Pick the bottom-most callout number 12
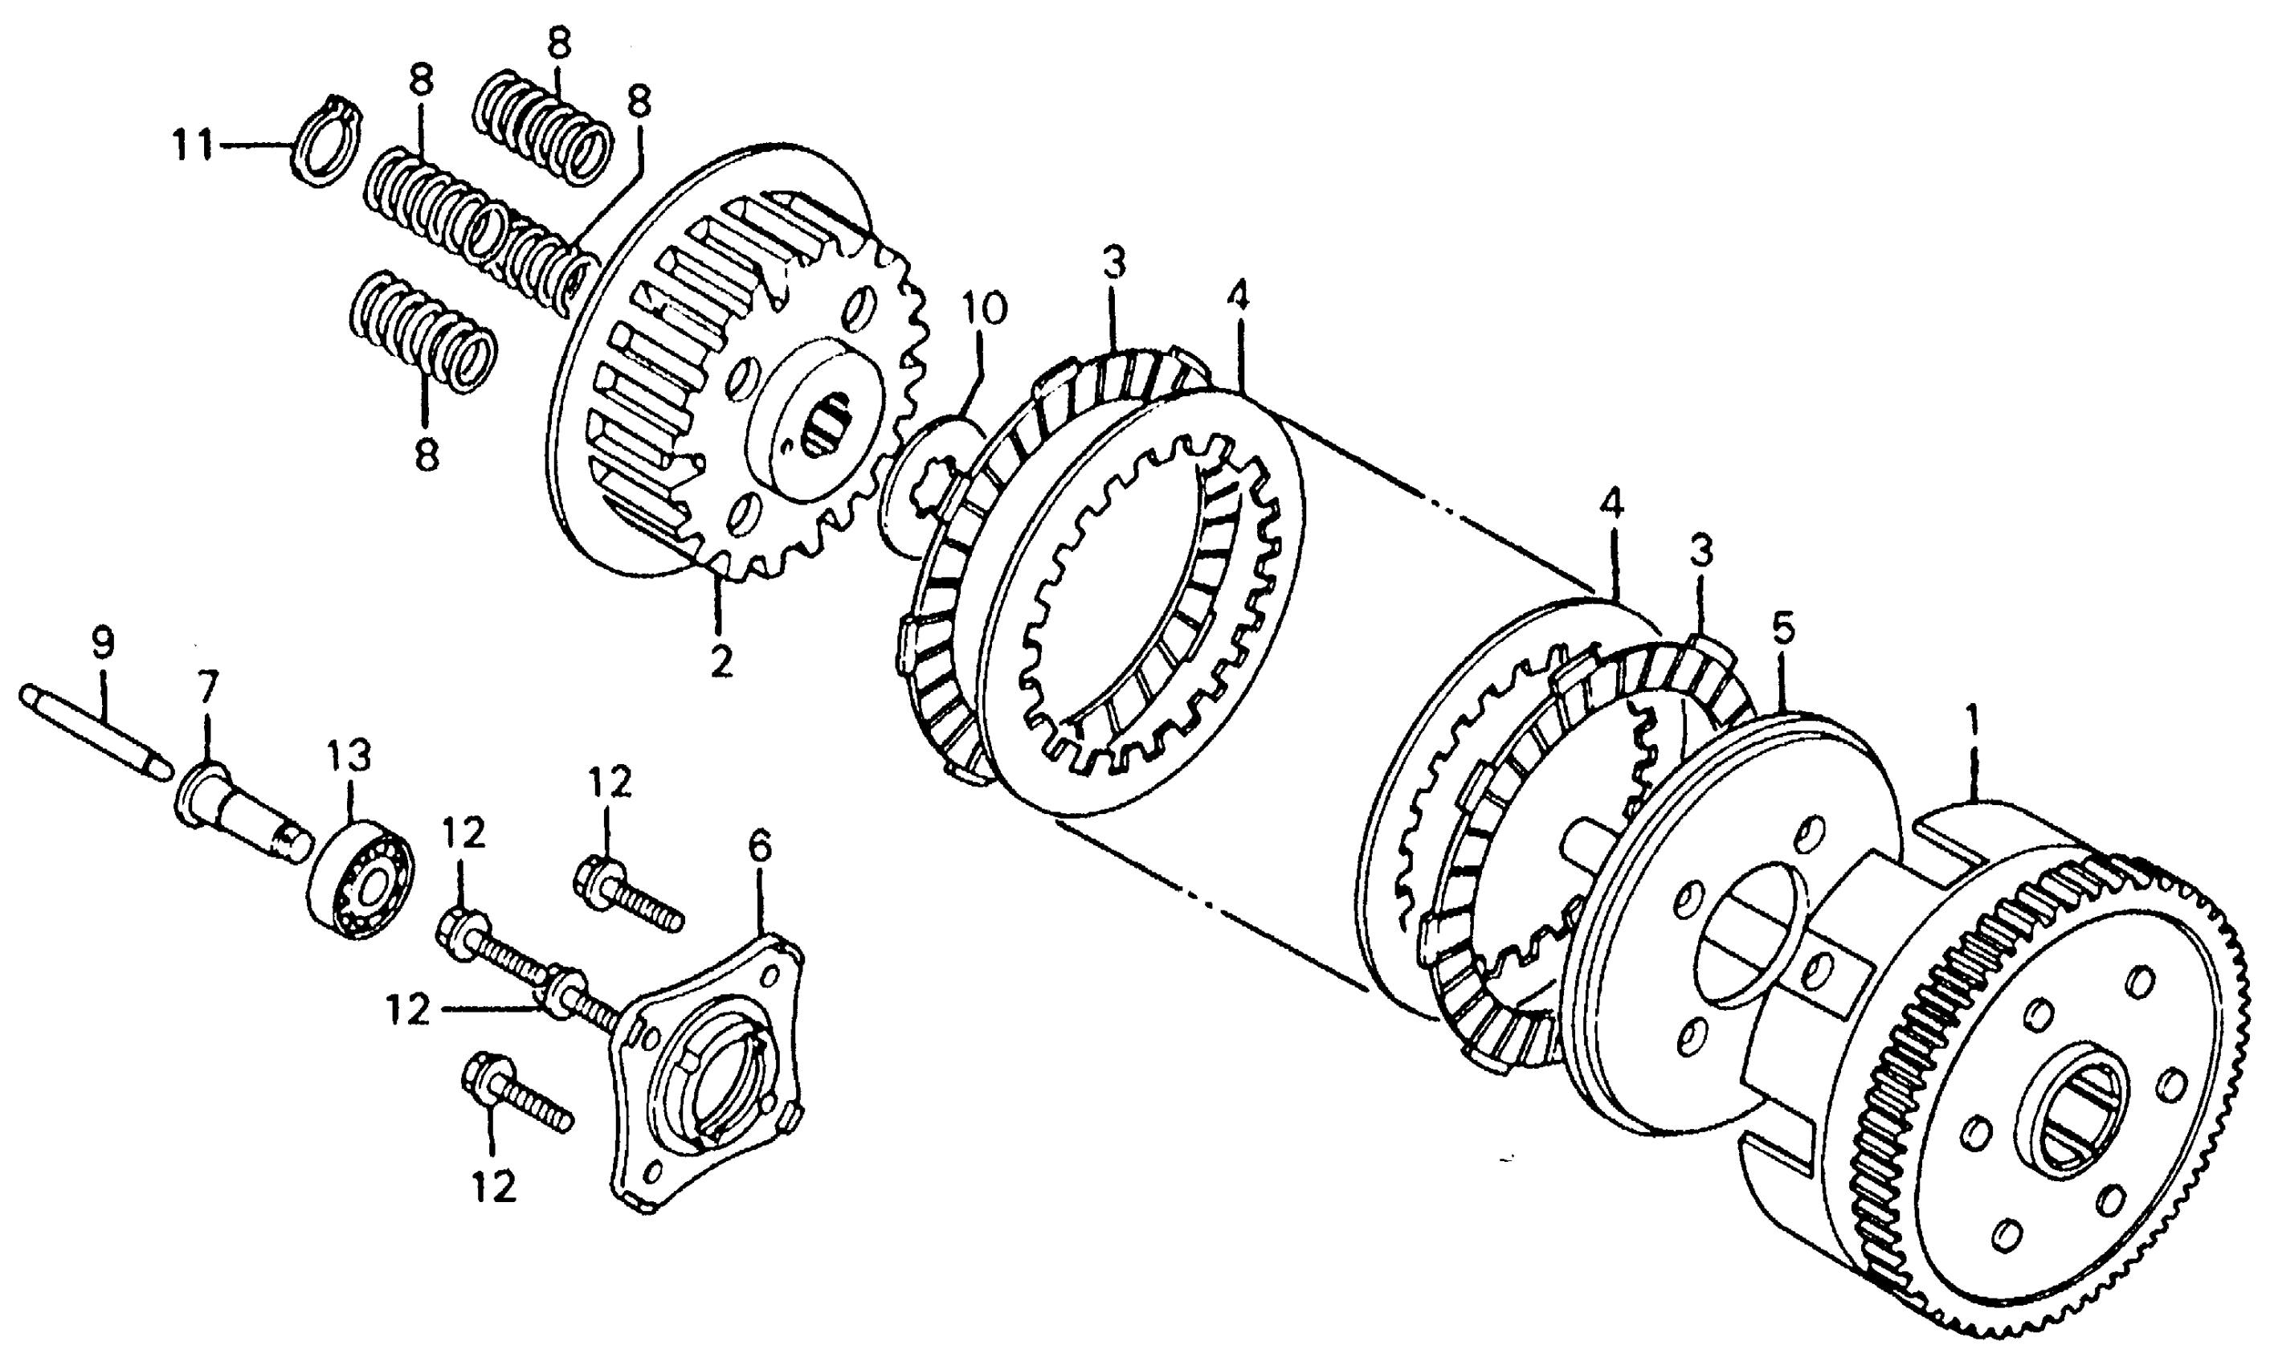[495, 1187]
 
